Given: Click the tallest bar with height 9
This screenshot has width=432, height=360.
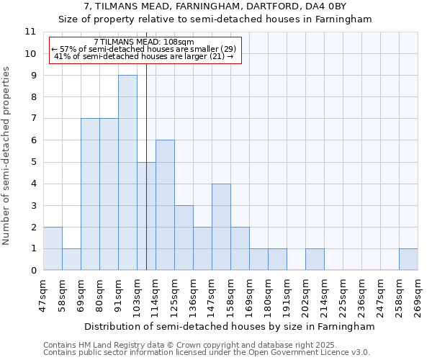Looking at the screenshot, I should coord(127,173).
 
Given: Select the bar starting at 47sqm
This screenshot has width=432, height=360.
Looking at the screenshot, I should coord(53,248).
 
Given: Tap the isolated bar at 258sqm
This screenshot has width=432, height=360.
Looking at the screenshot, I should coord(408,259).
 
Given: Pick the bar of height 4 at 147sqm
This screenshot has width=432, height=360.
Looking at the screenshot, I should coord(221,227).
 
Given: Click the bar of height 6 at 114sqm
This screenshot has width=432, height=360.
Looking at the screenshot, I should coord(165,205).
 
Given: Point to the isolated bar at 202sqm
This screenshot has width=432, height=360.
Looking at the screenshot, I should coord(315,259).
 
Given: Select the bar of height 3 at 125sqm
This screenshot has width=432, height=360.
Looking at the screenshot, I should coord(184,238).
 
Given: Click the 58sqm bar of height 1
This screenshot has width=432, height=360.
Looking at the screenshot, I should coord(71,259).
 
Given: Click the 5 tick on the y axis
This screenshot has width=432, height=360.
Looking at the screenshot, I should coord(32,162).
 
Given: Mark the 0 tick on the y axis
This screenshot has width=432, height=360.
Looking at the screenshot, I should coord(32,270).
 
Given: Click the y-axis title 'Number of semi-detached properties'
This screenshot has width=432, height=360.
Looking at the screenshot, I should coord(7,156).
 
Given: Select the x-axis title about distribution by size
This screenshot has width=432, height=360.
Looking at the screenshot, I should coord(230,326).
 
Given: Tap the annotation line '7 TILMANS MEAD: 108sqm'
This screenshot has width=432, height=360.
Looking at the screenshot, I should coord(144,42).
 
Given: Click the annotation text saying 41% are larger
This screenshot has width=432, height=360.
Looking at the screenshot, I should coord(144,55).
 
